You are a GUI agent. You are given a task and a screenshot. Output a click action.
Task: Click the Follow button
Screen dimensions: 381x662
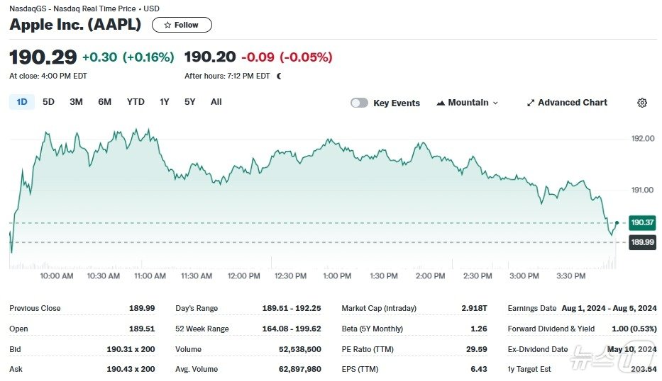click(182, 25)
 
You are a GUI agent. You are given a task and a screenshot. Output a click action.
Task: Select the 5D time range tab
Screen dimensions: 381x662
click(48, 102)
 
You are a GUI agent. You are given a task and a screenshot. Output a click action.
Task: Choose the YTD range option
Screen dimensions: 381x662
click(136, 102)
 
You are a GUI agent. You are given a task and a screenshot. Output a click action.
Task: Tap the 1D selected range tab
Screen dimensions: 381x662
click(22, 102)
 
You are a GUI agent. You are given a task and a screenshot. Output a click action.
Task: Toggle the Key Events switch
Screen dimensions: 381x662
click(360, 103)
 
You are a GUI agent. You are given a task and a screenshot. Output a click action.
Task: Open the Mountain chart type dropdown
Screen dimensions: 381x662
click(468, 103)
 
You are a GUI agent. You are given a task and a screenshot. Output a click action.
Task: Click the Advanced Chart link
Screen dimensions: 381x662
click(567, 103)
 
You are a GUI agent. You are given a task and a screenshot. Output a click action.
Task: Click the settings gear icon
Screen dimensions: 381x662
click(642, 103)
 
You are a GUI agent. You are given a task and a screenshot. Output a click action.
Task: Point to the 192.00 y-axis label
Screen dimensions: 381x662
click(642, 138)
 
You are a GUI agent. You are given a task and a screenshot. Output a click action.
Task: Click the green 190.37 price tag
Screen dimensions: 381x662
click(641, 222)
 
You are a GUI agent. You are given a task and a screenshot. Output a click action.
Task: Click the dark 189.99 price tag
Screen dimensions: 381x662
click(641, 242)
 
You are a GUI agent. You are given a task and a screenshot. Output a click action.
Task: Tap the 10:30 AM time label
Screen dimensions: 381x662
click(103, 275)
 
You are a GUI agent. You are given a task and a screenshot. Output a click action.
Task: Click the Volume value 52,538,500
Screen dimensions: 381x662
click(303, 349)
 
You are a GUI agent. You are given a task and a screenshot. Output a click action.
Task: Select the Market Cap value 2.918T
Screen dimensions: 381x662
click(475, 308)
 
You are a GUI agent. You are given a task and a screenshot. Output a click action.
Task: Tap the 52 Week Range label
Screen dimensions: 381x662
click(202, 329)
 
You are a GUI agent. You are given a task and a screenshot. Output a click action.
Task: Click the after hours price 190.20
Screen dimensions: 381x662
click(209, 57)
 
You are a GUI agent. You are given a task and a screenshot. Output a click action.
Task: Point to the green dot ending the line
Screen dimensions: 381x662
click(617, 222)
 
